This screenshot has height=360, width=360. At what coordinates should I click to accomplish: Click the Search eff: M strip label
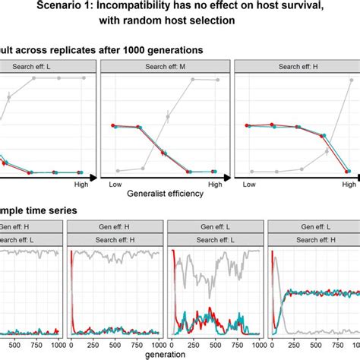tap(165, 66)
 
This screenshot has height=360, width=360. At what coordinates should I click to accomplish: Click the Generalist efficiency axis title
tap(165, 194)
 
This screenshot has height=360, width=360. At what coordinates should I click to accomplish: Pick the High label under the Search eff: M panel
tap(215, 185)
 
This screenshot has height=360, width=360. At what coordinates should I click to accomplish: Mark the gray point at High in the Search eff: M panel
tap(215, 77)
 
